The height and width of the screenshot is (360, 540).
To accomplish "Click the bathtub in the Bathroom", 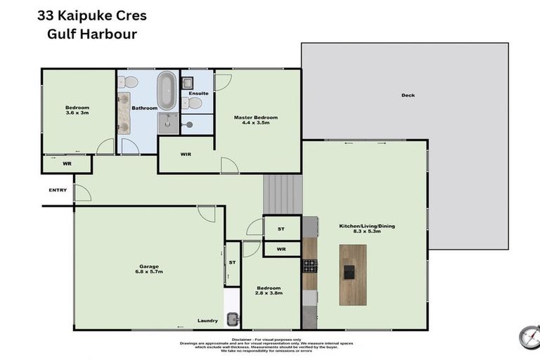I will pyautogui.click(x=167, y=91).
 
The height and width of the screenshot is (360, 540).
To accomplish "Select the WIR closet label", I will pyautogui.click(x=186, y=154).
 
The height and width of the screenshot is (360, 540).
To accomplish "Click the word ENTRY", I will pyautogui.click(x=58, y=190).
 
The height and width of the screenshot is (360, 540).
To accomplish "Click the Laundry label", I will pyautogui.click(x=207, y=321).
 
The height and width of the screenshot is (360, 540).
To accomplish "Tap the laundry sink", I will pyautogui.click(x=233, y=319).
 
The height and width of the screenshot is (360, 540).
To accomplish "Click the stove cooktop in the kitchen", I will pyautogui.click(x=310, y=265).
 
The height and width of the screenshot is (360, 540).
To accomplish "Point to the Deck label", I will pyautogui.click(x=408, y=96).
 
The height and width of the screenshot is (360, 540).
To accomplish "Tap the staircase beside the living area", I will pyautogui.click(x=283, y=194).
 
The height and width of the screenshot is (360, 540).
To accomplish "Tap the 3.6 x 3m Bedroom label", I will pyautogui.click(x=77, y=110).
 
